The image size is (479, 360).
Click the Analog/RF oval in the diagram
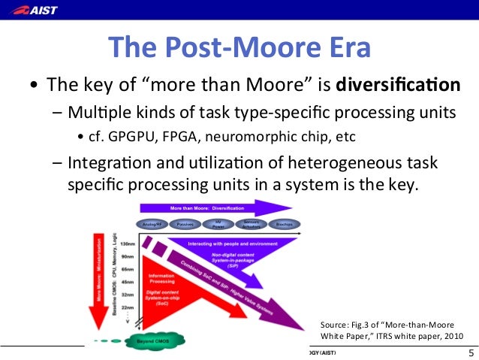[x=151, y=224]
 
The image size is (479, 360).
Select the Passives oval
[x=182, y=224]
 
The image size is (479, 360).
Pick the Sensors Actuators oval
[x=252, y=224]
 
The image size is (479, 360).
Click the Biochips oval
[x=284, y=224]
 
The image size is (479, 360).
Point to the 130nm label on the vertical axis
[x=128, y=244]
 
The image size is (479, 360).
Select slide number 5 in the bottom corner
[x=470, y=353]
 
